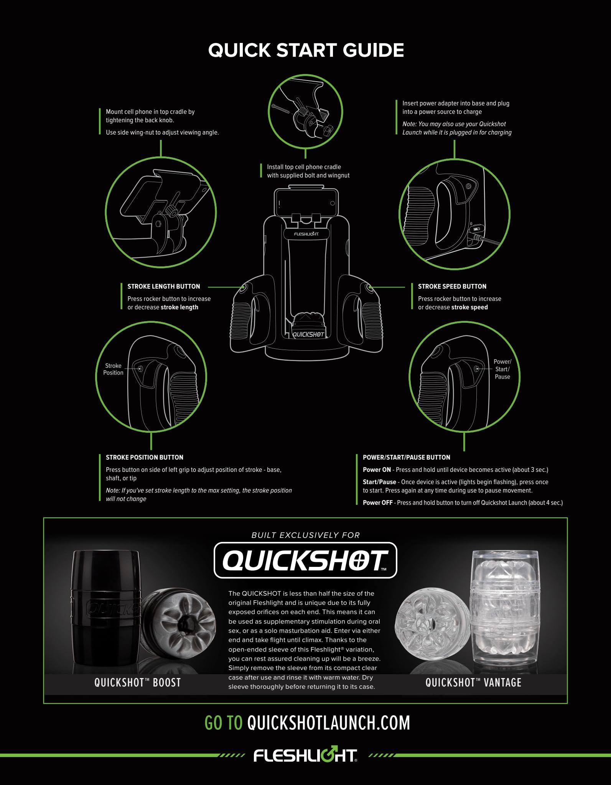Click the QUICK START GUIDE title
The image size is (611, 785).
click(x=306, y=50)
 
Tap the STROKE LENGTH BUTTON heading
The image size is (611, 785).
click(x=164, y=286)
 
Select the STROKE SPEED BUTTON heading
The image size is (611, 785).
click(x=452, y=286)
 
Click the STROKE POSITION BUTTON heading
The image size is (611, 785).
click(x=145, y=457)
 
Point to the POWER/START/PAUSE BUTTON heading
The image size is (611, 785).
click(x=407, y=457)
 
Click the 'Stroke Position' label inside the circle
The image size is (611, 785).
click(x=113, y=369)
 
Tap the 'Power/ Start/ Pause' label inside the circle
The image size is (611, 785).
click(x=502, y=369)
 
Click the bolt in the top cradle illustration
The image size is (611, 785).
click(x=282, y=108)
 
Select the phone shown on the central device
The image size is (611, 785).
click(x=306, y=203)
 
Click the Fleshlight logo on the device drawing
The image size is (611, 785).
click(x=306, y=234)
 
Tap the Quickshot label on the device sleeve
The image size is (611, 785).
click(x=308, y=334)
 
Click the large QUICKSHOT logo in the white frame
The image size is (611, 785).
click(x=305, y=560)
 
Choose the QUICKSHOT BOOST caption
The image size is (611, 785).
click(x=138, y=683)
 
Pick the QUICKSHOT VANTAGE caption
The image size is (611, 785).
click(x=473, y=683)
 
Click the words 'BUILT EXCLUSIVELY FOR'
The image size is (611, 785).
click(x=306, y=535)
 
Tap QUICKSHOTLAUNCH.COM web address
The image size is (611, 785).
click(x=329, y=723)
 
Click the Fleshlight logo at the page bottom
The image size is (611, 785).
click(x=305, y=755)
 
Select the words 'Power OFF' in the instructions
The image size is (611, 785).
click(x=377, y=503)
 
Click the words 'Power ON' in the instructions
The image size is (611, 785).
click(x=377, y=470)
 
